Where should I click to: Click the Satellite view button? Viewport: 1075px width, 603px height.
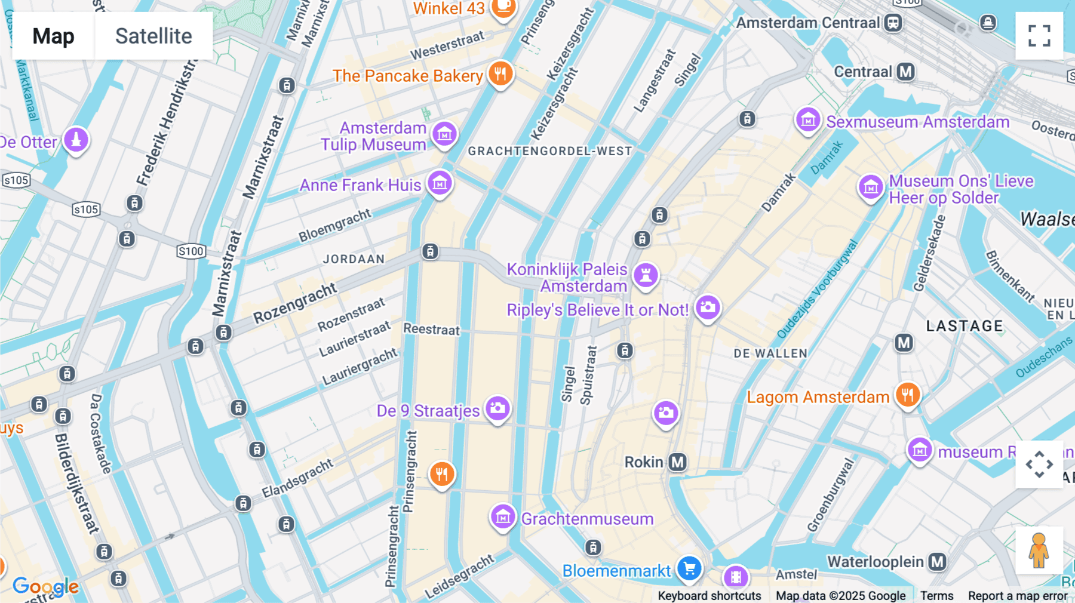point(153,36)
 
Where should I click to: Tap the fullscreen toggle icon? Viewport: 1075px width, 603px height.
point(1039,36)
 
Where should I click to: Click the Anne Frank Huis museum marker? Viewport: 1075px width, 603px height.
point(440,183)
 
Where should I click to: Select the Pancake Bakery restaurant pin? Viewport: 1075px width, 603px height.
point(500,74)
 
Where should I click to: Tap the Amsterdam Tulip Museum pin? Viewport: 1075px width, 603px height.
point(444,134)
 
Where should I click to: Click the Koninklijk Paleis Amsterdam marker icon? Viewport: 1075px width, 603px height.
point(646,275)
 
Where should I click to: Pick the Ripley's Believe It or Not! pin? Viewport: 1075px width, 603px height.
point(708,307)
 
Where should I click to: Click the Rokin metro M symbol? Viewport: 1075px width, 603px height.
point(677,462)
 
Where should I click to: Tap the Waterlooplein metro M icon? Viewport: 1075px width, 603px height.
point(938,562)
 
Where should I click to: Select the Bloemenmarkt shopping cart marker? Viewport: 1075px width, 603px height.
point(689,568)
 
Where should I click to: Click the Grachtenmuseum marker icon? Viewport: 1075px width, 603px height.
point(503,517)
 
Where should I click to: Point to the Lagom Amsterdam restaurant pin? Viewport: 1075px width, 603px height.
point(907,395)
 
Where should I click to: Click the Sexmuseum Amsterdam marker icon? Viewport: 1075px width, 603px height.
point(808,120)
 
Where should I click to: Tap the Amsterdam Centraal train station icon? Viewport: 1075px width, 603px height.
point(893,23)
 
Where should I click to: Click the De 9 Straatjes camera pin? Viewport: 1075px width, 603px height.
point(497,408)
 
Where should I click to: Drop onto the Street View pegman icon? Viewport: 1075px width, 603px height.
point(1039,550)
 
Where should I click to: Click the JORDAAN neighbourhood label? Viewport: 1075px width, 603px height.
point(354,259)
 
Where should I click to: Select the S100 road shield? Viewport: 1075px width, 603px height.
point(191,251)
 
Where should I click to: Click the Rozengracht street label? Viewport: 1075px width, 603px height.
point(295,303)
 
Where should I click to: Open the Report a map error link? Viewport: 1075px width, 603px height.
point(1018,596)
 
